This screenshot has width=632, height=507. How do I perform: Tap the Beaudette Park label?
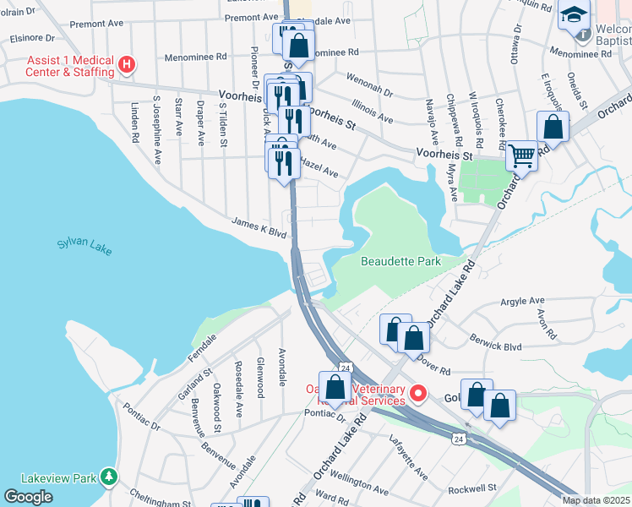(x=400, y=262)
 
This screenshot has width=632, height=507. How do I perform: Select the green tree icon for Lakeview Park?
(x=108, y=477)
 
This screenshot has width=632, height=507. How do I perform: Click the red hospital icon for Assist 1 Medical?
(x=126, y=64)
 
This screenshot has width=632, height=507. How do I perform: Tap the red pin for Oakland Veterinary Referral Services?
(x=417, y=394)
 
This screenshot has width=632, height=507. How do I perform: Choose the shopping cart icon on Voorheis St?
(x=521, y=155)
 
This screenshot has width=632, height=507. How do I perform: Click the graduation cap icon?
(x=574, y=16)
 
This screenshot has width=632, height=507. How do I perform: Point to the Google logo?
(x=29, y=497)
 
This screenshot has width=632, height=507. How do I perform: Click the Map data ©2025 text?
(x=597, y=500)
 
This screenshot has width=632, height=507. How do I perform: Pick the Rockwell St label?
(x=496, y=488)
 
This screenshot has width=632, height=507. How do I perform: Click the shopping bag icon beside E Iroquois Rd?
(x=553, y=128)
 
